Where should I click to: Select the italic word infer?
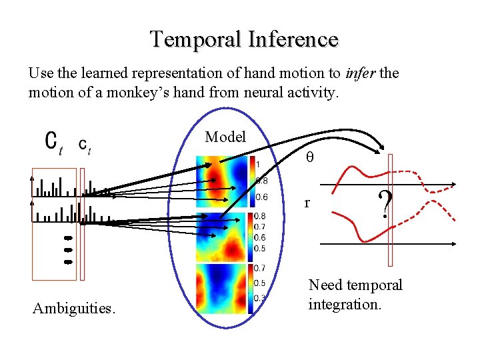[359, 73]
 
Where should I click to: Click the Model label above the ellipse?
[225, 137]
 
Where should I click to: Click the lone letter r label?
[306, 202]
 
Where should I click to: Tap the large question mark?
[384, 204]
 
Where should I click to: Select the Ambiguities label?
[74, 308]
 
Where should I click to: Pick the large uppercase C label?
[51, 142]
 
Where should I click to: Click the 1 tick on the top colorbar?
[257, 164]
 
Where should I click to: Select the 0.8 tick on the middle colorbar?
[261, 216]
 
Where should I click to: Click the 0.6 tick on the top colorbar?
[263, 197]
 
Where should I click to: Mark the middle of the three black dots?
[67, 249]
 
